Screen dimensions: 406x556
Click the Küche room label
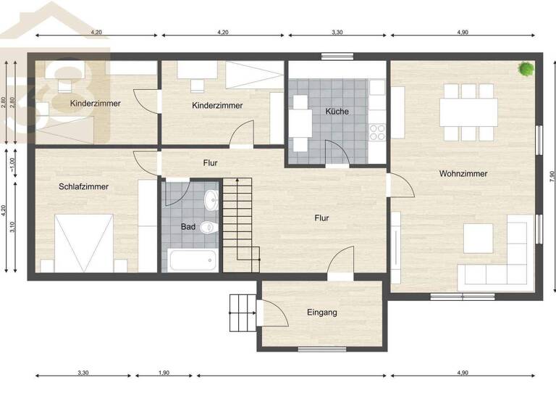pos(337,112)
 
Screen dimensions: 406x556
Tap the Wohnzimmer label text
pos(463,174)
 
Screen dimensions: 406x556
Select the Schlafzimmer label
pos(83,187)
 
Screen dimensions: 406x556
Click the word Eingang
pos(321,312)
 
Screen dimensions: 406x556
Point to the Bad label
pos(188,227)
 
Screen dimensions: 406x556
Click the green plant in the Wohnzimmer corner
pos(526,69)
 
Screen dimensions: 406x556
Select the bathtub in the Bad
pos(191,260)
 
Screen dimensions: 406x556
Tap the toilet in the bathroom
pos(209,227)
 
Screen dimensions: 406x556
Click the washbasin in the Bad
pos(210,199)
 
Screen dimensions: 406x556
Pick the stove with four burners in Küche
pos(378,131)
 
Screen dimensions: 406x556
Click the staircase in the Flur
pos(239,221)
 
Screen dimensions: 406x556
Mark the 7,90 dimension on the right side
pos(551,178)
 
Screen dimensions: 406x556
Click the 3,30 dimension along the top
pos(339,32)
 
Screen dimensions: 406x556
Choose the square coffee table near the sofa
pos(478,238)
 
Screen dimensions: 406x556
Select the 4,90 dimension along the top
pos(463,32)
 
